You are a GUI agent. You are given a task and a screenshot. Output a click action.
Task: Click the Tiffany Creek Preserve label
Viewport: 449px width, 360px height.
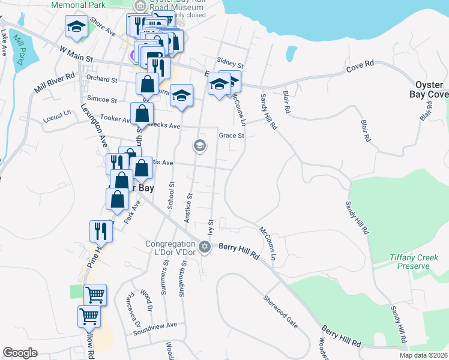[410, 262]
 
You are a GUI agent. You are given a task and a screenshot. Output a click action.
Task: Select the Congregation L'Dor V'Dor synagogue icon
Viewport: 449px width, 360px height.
[204, 247]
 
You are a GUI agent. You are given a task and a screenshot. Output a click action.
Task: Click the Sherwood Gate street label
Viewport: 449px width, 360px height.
[280, 311]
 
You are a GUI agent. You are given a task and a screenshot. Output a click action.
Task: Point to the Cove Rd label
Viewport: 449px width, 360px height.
[360, 66]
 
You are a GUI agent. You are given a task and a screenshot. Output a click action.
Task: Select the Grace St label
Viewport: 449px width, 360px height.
[231, 136]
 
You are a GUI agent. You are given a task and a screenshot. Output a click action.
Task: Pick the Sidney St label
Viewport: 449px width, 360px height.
[230, 62]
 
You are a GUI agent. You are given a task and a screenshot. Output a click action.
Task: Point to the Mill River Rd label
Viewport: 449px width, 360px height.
[54, 83]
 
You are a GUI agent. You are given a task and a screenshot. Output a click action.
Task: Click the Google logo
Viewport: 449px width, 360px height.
[20, 352]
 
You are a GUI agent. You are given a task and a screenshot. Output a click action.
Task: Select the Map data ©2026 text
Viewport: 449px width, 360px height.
[423, 355]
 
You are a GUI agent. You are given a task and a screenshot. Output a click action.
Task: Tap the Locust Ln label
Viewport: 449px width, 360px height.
[57, 119]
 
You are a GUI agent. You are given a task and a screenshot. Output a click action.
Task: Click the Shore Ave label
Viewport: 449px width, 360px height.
[102, 26]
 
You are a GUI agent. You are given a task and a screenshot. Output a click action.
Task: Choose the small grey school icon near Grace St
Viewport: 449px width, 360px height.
[199, 145]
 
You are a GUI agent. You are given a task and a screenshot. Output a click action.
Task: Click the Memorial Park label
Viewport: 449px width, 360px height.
[78, 4]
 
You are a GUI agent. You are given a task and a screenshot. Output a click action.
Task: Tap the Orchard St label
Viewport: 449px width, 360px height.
[101, 79]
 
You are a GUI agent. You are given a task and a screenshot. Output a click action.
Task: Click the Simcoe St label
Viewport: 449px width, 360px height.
[102, 100]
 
